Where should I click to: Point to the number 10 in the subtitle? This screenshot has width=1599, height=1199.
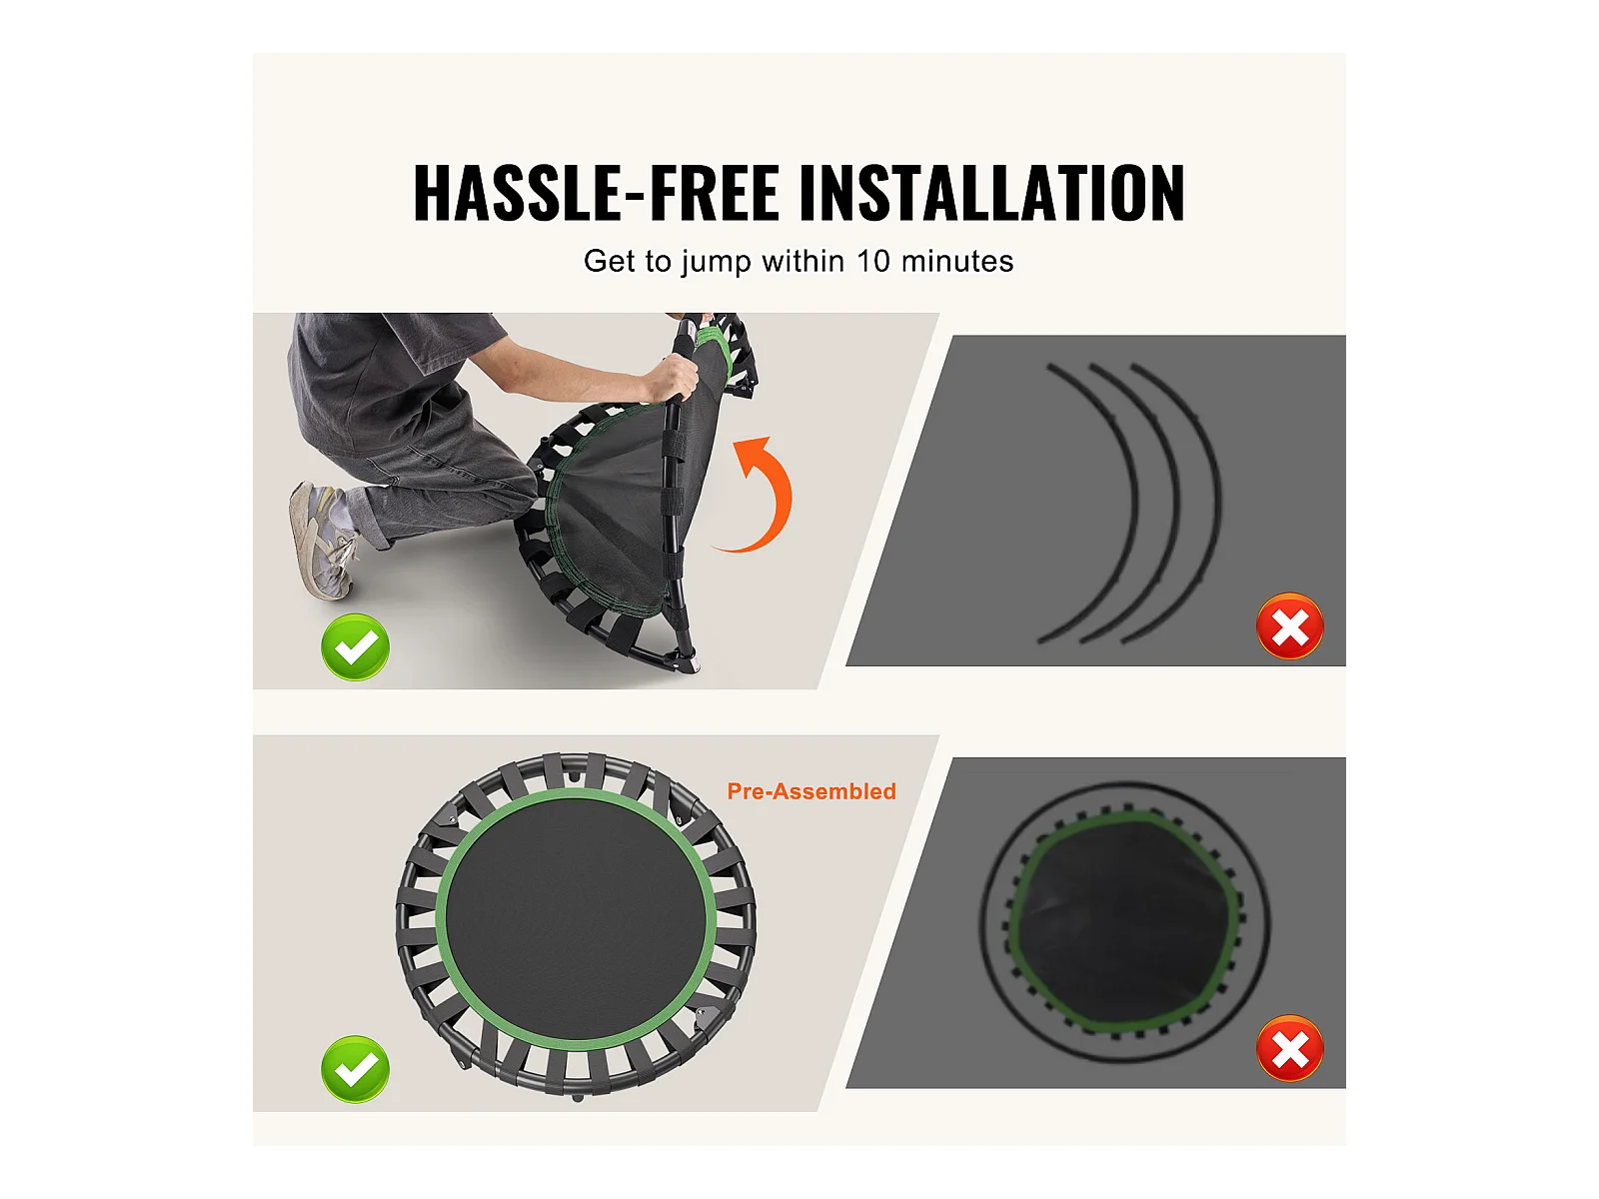[x=872, y=262]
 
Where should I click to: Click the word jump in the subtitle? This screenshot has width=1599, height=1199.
[x=717, y=263]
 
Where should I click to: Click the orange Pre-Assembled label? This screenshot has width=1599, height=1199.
[x=811, y=791]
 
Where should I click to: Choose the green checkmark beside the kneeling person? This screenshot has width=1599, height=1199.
[x=356, y=647]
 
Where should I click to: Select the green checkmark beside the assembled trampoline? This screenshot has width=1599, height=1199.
[x=356, y=1069]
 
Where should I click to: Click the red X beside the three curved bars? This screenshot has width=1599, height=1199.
[x=1289, y=626]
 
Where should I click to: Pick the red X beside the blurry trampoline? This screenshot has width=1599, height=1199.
[x=1289, y=1048]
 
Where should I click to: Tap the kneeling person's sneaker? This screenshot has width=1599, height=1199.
[x=321, y=539]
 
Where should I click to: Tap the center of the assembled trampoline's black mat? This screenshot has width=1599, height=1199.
[x=577, y=918]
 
